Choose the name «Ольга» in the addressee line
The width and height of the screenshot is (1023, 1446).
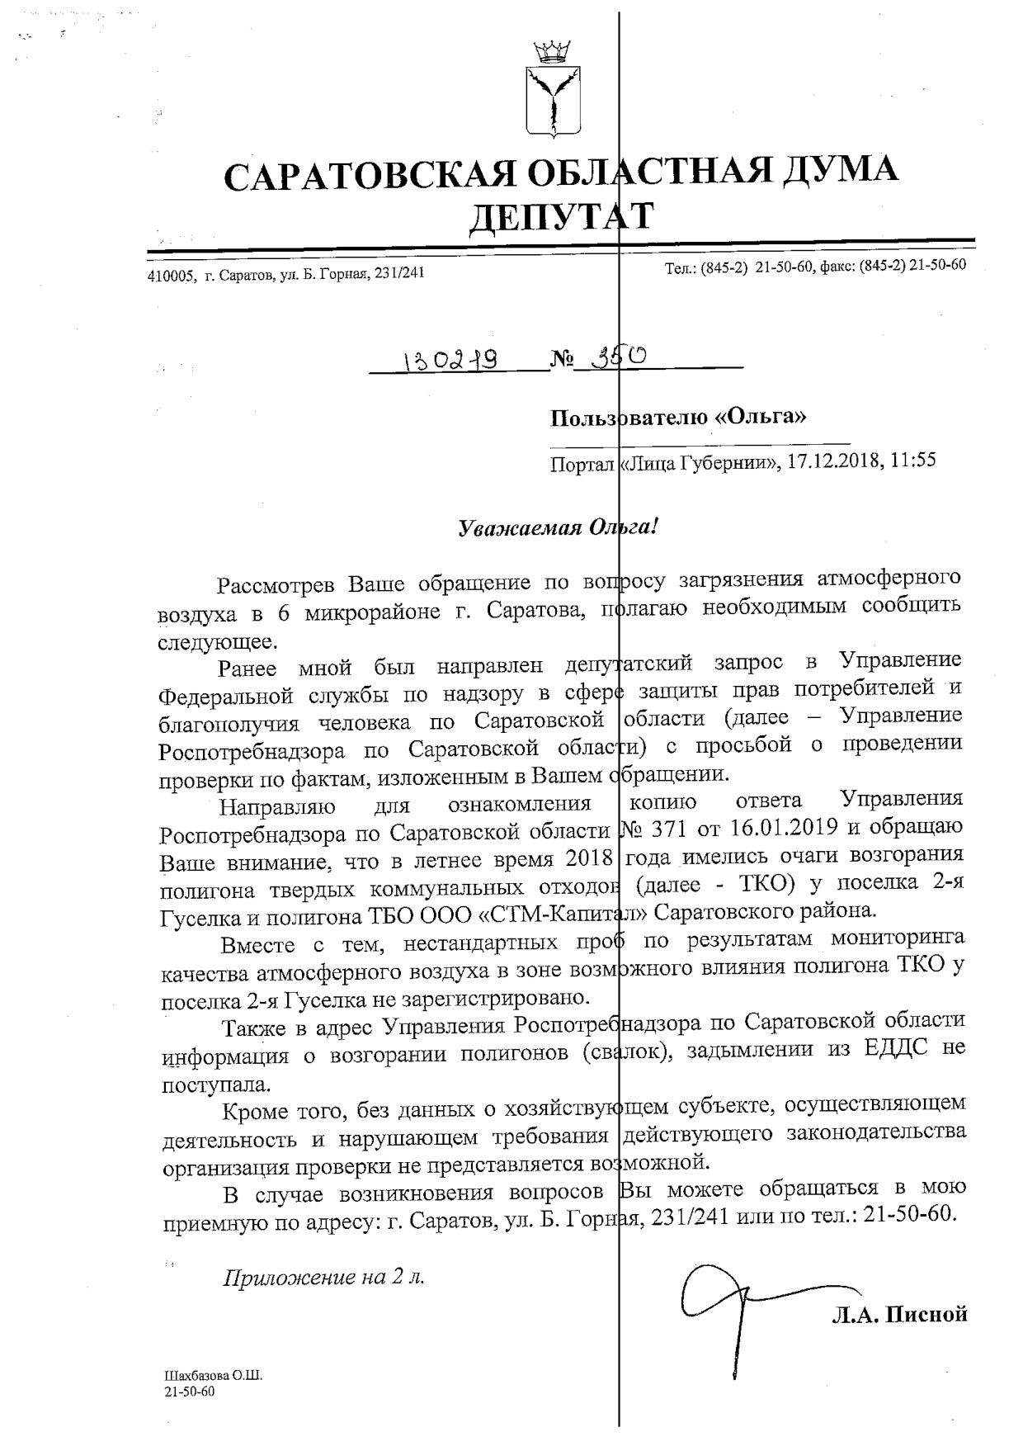[x=760, y=417]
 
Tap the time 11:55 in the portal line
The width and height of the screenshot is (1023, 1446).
[x=913, y=460]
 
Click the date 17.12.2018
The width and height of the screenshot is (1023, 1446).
[x=832, y=460]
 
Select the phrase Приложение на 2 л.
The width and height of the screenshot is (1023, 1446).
[x=323, y=1278]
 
